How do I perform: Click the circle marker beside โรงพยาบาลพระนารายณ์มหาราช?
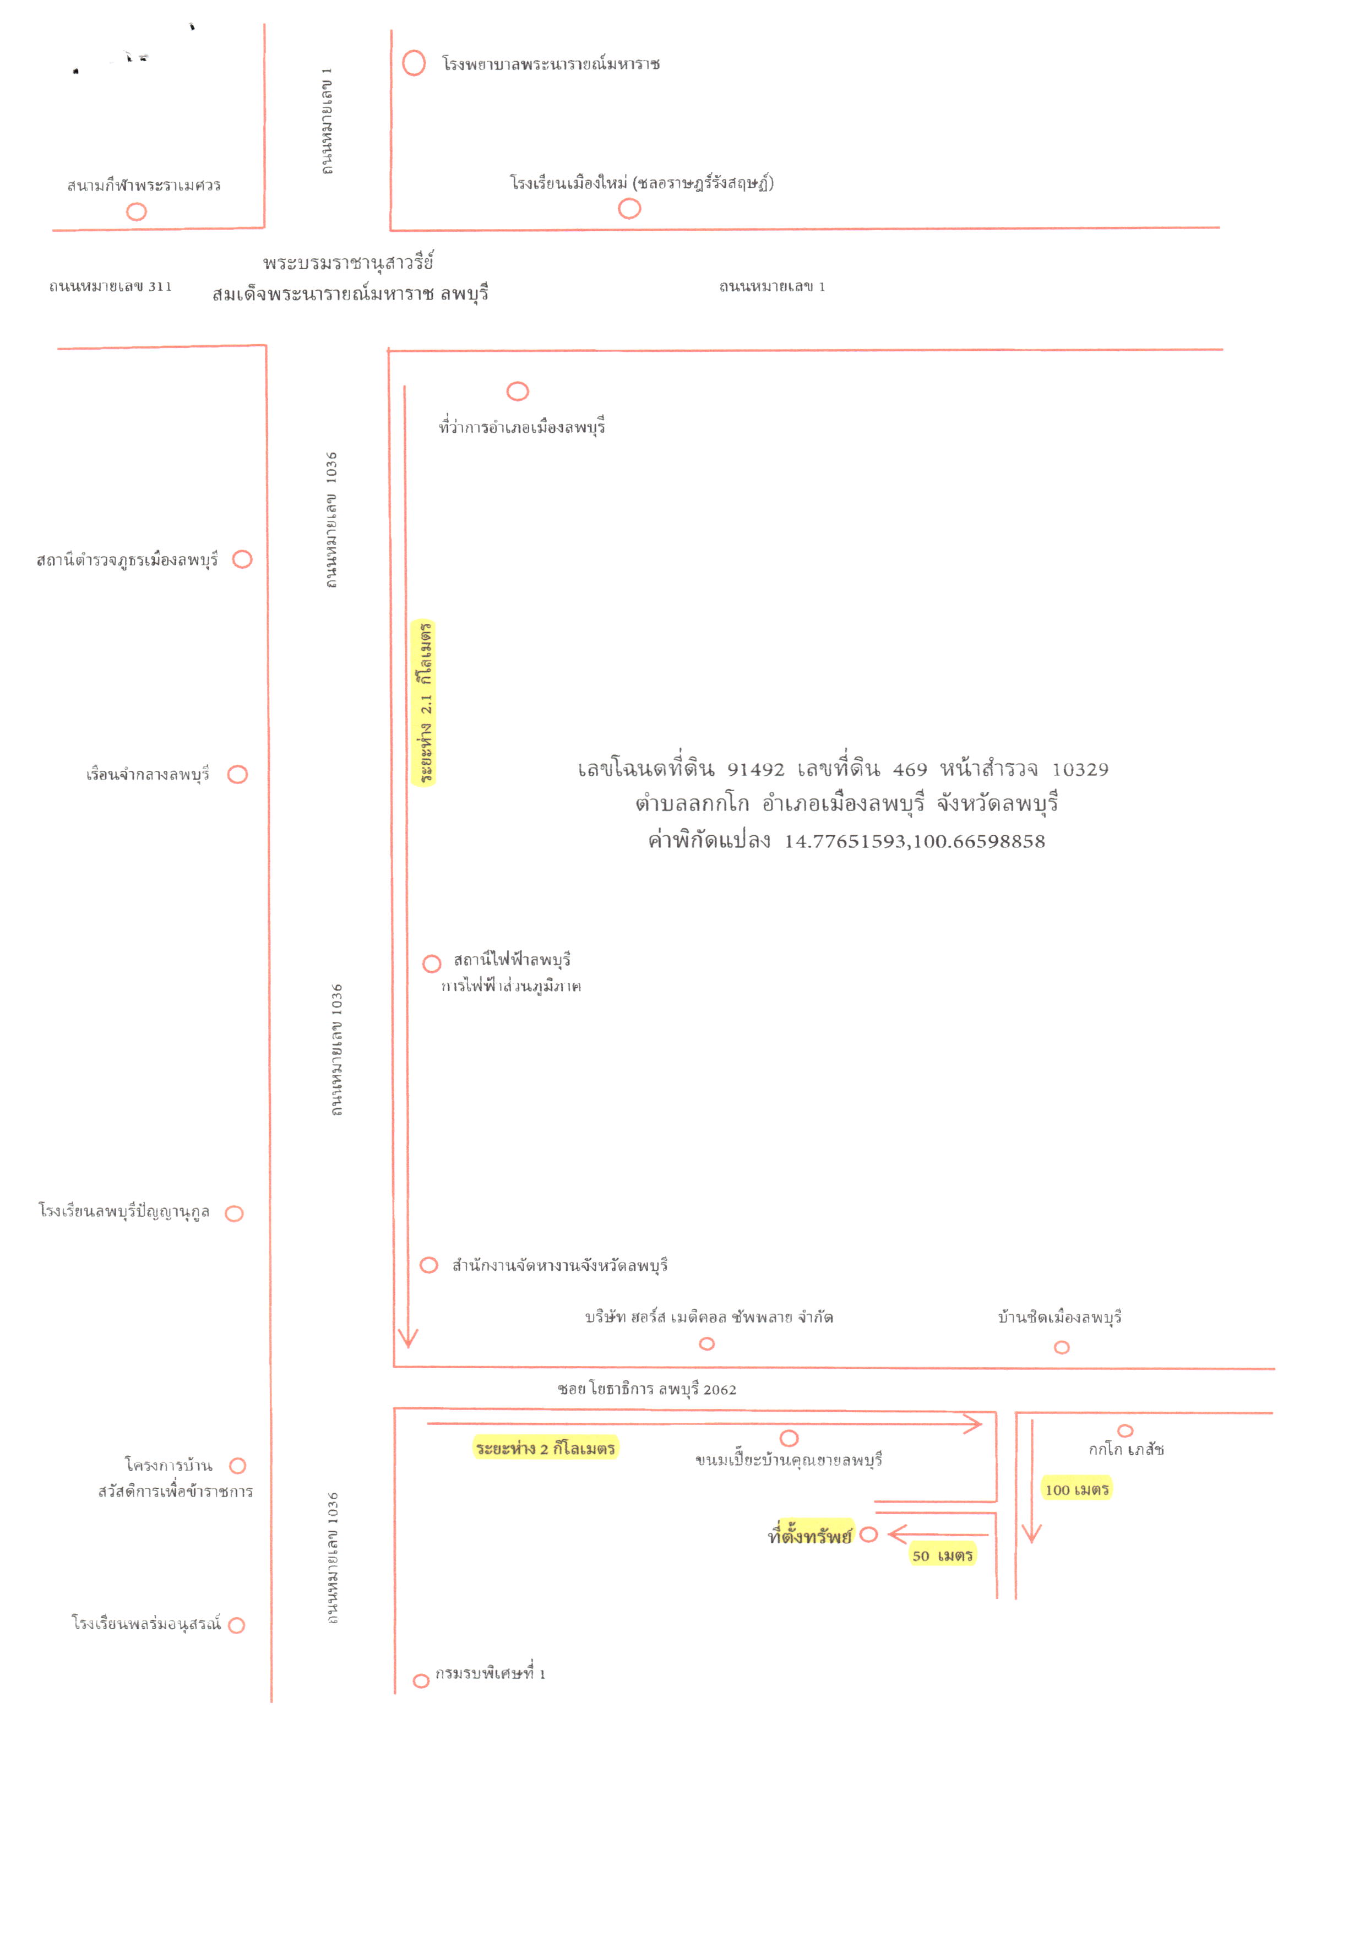click(x=414, y=63)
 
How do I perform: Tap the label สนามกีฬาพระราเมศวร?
click(x=144, y=185)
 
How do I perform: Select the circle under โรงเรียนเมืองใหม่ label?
click(x=629, y=208)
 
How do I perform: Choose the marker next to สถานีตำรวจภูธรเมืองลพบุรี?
click(x=242, y=559)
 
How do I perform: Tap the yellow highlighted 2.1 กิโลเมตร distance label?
click(x=423, y=703)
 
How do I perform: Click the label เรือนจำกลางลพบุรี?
click(x=148, y=775)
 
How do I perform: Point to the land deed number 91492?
click(x=756, y=769)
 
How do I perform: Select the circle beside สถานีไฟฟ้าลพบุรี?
click(x=432, y=964)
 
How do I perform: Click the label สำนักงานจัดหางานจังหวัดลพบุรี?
click(x=560, y=1265)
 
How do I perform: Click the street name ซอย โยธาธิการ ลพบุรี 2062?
click(x=647, y=1390)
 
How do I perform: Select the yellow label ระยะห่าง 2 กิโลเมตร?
click(x=545, y=1448)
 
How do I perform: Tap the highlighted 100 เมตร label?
click(x=1077, y=1489)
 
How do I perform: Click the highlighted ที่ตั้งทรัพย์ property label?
click(x=810, y=1536)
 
